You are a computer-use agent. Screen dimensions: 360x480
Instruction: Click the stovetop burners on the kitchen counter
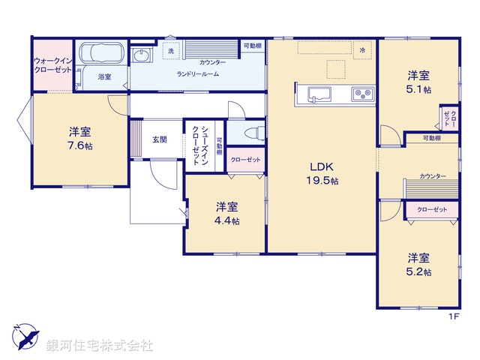pos(363,94)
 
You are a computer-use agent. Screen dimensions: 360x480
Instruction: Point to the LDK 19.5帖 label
pos(322,173)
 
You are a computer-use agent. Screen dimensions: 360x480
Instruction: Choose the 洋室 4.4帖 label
pos(226,213)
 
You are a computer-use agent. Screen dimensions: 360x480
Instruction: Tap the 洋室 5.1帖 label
pos(418,82)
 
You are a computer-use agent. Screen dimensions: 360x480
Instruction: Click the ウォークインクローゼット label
pos(52,64)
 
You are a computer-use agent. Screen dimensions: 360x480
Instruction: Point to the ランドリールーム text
pos(196,74)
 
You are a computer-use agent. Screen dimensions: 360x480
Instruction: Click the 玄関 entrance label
pos(160,139)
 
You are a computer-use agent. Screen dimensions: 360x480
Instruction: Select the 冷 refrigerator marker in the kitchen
pos(361,49)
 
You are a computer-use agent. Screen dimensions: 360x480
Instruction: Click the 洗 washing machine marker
pos(171,51)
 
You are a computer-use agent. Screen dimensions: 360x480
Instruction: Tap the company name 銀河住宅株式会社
pos(100,346)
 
